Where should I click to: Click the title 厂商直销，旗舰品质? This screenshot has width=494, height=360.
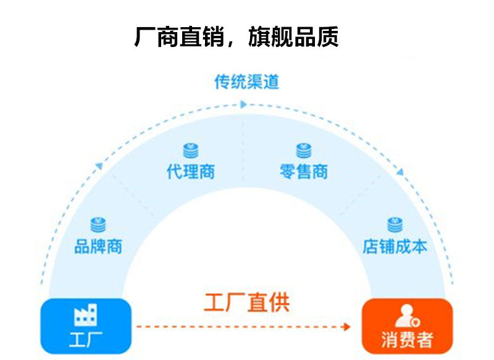(237, 37)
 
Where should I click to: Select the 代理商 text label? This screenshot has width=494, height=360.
(191, 172)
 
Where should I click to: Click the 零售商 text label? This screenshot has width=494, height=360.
(303, 172)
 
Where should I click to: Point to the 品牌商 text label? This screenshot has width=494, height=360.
(98, 247)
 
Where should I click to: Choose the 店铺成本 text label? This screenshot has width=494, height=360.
(395, 247)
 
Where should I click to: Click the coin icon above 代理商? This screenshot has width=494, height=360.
(191, 150)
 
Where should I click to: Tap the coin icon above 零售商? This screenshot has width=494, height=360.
(303, 150)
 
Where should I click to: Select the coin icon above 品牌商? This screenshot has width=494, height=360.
(98, 225)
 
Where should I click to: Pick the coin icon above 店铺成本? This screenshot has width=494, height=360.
(395, 225)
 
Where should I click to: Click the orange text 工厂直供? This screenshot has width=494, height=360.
(246, 303)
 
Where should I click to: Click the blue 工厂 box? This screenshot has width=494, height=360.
(86, 326)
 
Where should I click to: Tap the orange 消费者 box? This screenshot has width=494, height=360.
(408, 326)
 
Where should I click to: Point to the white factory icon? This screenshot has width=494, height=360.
(86, 315)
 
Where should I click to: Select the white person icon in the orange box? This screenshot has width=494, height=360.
(407, 315)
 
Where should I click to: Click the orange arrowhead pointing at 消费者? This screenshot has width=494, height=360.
(355, 326)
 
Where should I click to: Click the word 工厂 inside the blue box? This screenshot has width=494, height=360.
(86, 340)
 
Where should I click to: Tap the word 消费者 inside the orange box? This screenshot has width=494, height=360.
(408, 340)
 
